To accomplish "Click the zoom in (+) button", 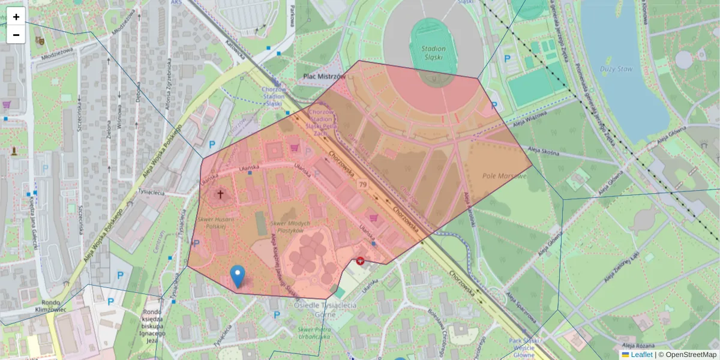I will (x=16, y=17).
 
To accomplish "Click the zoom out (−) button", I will (x=16, y=35).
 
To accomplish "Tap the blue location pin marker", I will (x=238, y=275).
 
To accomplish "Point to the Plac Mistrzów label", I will (x=324, y=77).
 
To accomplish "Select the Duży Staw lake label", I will (x=617, y=69).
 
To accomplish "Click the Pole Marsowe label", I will (x=505, y=176).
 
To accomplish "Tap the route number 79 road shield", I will (x=362, y=184).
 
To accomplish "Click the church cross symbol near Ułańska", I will (x=220, y=194).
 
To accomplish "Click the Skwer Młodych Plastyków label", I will (x=290, y=227).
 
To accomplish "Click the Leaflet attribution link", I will (x=641, y=355).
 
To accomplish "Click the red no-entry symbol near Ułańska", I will (x=360, y=261).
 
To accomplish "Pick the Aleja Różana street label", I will (x=637, y=346).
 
